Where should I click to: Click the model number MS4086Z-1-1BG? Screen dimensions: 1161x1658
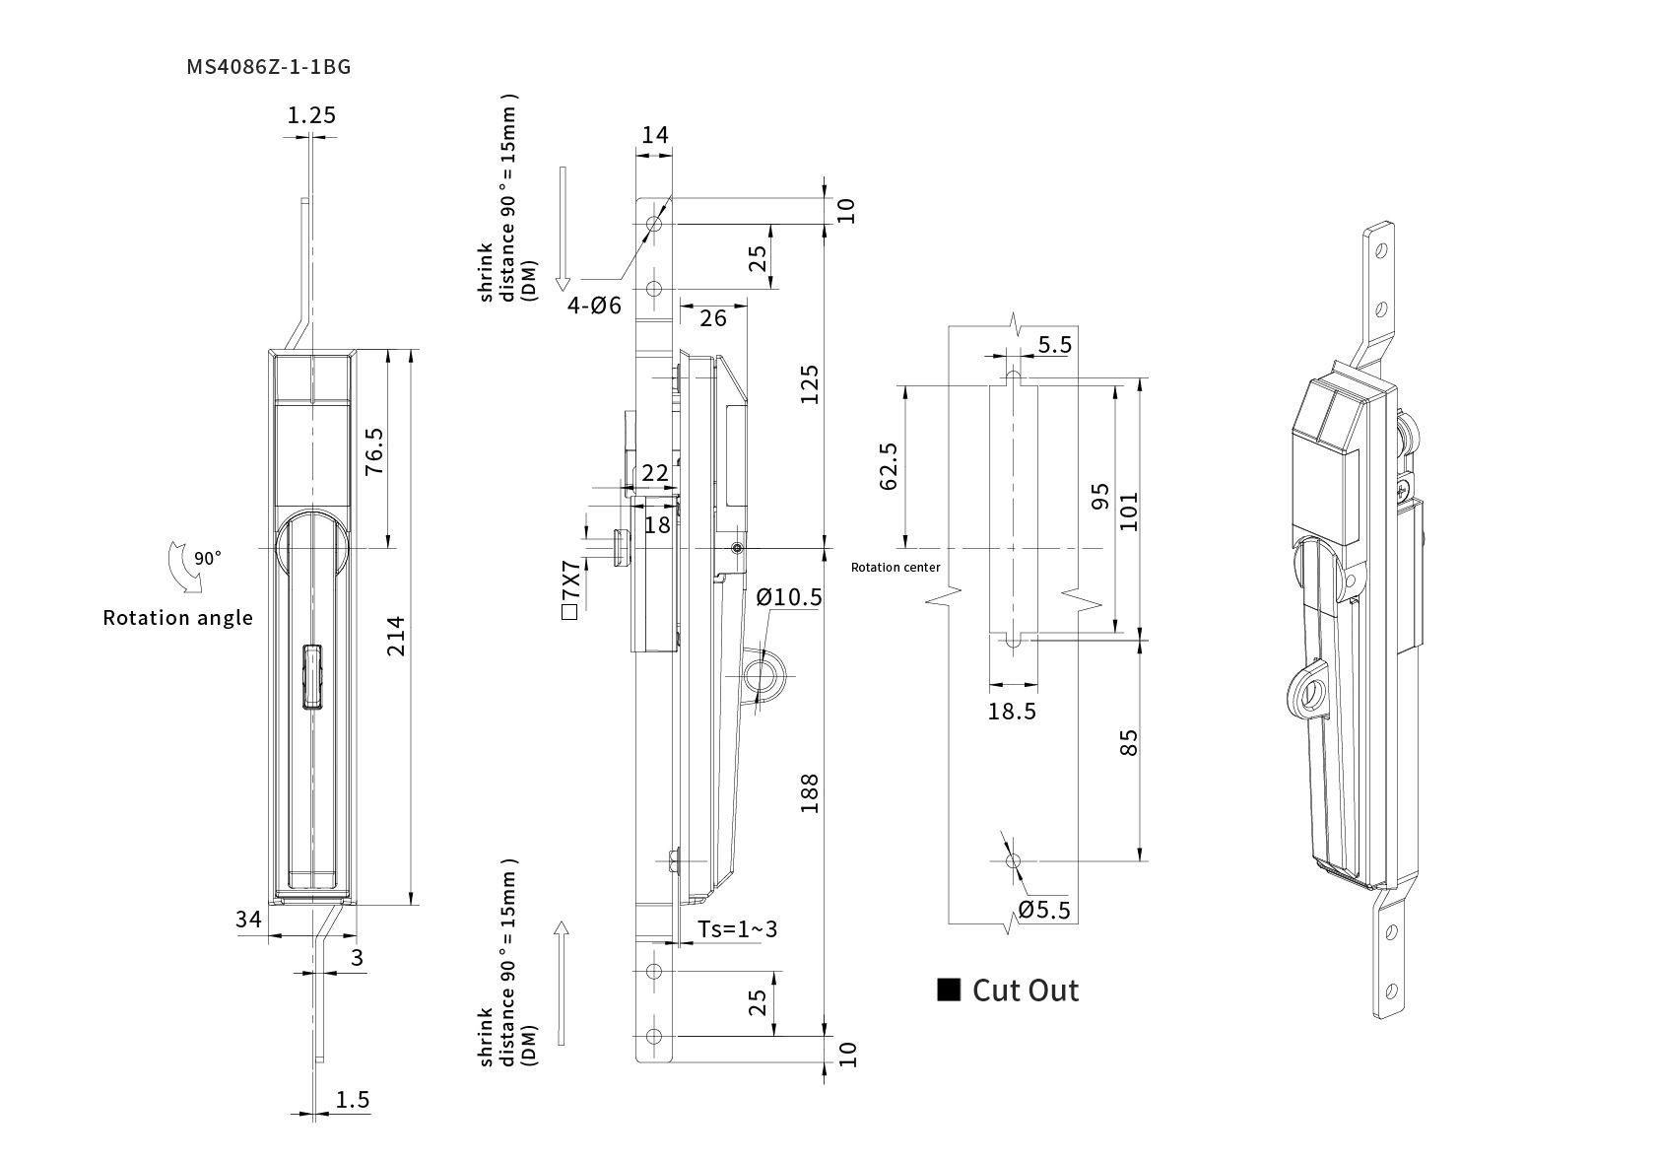[269, 67]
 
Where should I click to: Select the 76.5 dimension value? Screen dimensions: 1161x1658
[374, 451]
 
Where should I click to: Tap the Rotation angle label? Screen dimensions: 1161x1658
[177, 618]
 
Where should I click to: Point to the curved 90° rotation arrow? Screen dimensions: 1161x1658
[186, 569]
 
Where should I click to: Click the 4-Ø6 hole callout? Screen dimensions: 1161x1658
[594, 306]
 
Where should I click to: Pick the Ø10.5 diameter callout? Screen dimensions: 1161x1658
[789, 597]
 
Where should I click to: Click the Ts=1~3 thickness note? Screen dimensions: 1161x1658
[737, 928]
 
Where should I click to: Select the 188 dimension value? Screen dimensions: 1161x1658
[810, 793]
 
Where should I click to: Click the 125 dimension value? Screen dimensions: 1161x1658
[810, 384]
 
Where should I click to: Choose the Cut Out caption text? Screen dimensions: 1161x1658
[1026, 990]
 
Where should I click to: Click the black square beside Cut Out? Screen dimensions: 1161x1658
[949, 990]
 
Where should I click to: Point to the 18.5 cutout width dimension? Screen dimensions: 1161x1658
[1013, 711]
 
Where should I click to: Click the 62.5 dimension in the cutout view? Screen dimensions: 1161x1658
[889, 465]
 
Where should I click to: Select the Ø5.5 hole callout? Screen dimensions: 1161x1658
[1044, 910]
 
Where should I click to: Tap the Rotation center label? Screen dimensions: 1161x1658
[895, 568]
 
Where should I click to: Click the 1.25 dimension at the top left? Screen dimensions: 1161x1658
[311, 115]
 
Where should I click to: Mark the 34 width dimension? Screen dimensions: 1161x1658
[248, 920]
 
